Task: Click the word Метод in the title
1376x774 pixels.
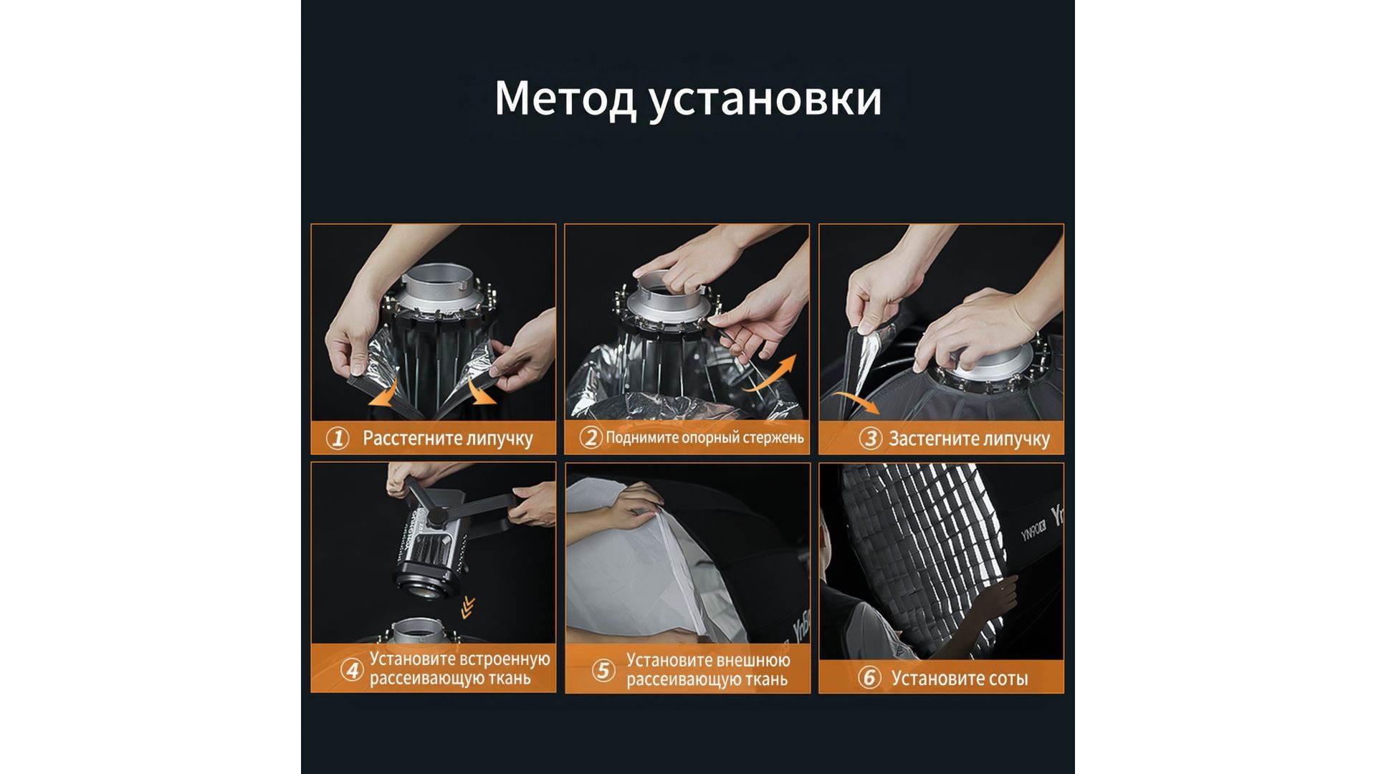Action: tap(565, 98)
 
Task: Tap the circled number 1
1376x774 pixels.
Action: tap(338, 438)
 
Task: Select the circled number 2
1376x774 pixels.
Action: tap(591, 437)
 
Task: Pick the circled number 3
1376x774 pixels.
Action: tap(870, 438)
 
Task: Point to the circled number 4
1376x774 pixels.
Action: tap(352, 670)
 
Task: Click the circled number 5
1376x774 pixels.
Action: tap(603, 670)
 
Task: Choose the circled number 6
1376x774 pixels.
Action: tap(869, 677)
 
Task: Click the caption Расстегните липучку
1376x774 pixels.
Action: tap(448, 439)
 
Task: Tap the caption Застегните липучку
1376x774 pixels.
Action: tap(969, 439)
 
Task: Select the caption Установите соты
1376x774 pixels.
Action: tap(960, 678)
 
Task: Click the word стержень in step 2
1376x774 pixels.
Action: tap(771, 438)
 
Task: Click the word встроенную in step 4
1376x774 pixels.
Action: tap(505, 659)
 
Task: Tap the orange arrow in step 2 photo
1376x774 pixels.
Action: tap(770, 374)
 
